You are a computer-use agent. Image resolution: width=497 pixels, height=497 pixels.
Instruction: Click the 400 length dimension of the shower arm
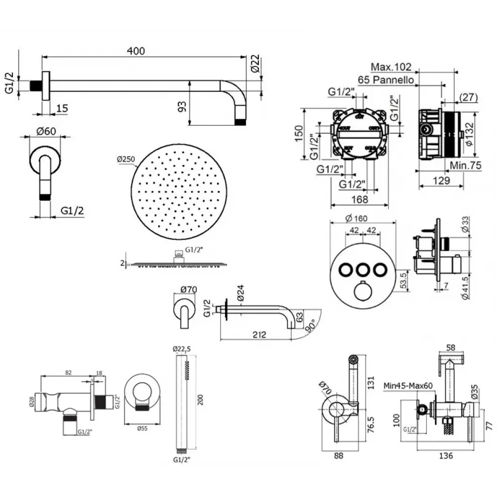tap(135, 51)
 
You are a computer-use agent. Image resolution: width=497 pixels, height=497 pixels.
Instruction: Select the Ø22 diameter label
tap(254, 64)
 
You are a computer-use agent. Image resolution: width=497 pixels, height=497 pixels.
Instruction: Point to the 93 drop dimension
tap(183, 106)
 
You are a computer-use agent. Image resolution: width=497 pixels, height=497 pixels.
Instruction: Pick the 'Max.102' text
tap(392, 67)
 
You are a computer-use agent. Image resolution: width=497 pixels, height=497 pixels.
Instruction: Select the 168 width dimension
tap(360, 199)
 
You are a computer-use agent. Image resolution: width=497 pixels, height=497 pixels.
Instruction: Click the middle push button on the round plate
tap(361, 269)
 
